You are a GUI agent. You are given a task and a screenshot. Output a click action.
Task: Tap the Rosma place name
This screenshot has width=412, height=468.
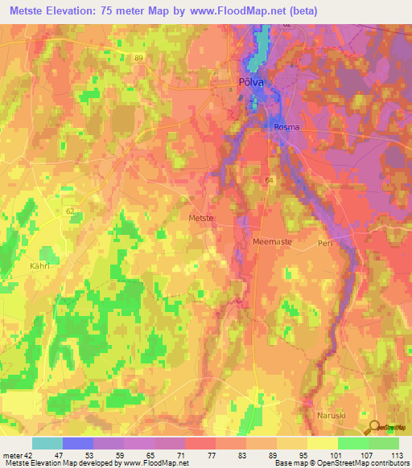coord(287,126)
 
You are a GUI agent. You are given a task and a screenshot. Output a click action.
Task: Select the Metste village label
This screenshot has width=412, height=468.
coord(200,218)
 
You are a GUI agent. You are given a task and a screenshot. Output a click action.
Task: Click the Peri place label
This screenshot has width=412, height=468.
coord(325,242)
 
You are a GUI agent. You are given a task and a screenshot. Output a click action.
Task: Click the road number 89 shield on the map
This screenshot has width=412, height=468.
coord(138,58)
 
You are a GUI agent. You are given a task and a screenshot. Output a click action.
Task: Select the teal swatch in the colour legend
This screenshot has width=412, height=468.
coord(47,443)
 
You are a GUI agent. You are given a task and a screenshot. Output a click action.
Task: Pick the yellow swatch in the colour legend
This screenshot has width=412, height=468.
coord(323,443)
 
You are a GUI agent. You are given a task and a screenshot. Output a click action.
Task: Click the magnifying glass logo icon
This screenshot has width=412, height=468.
coord(373,427)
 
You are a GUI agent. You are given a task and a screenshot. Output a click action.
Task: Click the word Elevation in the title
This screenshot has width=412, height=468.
coord(73,11)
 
